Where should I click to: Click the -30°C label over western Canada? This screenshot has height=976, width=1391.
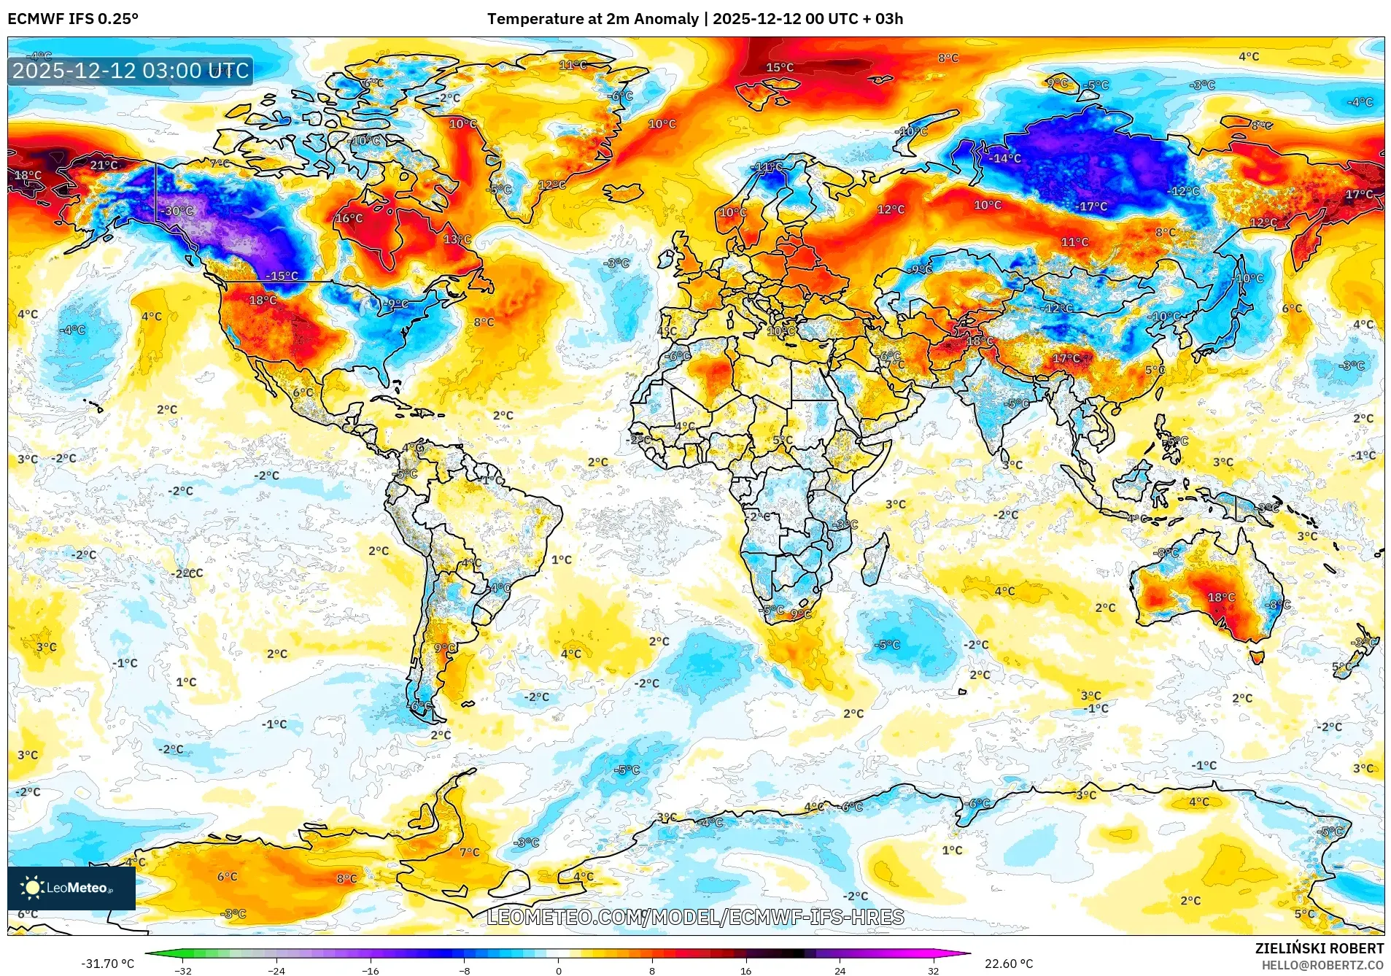tap(179, 211)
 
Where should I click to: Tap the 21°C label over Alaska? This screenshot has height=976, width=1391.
tap(104, 165)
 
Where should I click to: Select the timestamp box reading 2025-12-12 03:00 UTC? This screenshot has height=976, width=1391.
tap(131, 71)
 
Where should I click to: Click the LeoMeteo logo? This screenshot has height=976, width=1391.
tap(71, 888)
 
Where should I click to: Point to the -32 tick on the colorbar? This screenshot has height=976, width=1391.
tap(183, 970)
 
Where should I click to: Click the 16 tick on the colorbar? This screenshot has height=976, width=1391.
tap(745, 970)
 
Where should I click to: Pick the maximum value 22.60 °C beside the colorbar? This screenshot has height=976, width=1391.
tap(1009, 964)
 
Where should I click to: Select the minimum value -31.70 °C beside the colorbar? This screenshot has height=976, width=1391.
tap(108, 964)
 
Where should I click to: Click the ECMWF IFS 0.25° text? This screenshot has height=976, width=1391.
tap(73, 19)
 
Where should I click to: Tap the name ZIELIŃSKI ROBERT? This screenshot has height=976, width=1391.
tap(1319, 948)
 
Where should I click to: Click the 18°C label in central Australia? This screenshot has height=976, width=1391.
tap(1221, 597)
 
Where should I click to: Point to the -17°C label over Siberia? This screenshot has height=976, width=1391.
tap(1092, 206)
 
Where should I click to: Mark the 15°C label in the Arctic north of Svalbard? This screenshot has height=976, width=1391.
tap(779, 67)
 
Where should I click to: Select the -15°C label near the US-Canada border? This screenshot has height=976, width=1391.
tap(282, 276)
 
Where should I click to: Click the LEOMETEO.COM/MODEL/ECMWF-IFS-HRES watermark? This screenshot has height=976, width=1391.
tap(695, 917)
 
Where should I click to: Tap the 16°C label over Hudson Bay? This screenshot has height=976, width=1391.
tap(349, 218)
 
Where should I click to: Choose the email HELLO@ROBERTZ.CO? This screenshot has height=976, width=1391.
tap(1322, 965)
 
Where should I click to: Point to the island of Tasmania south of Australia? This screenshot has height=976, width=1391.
tap(1257, 657)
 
